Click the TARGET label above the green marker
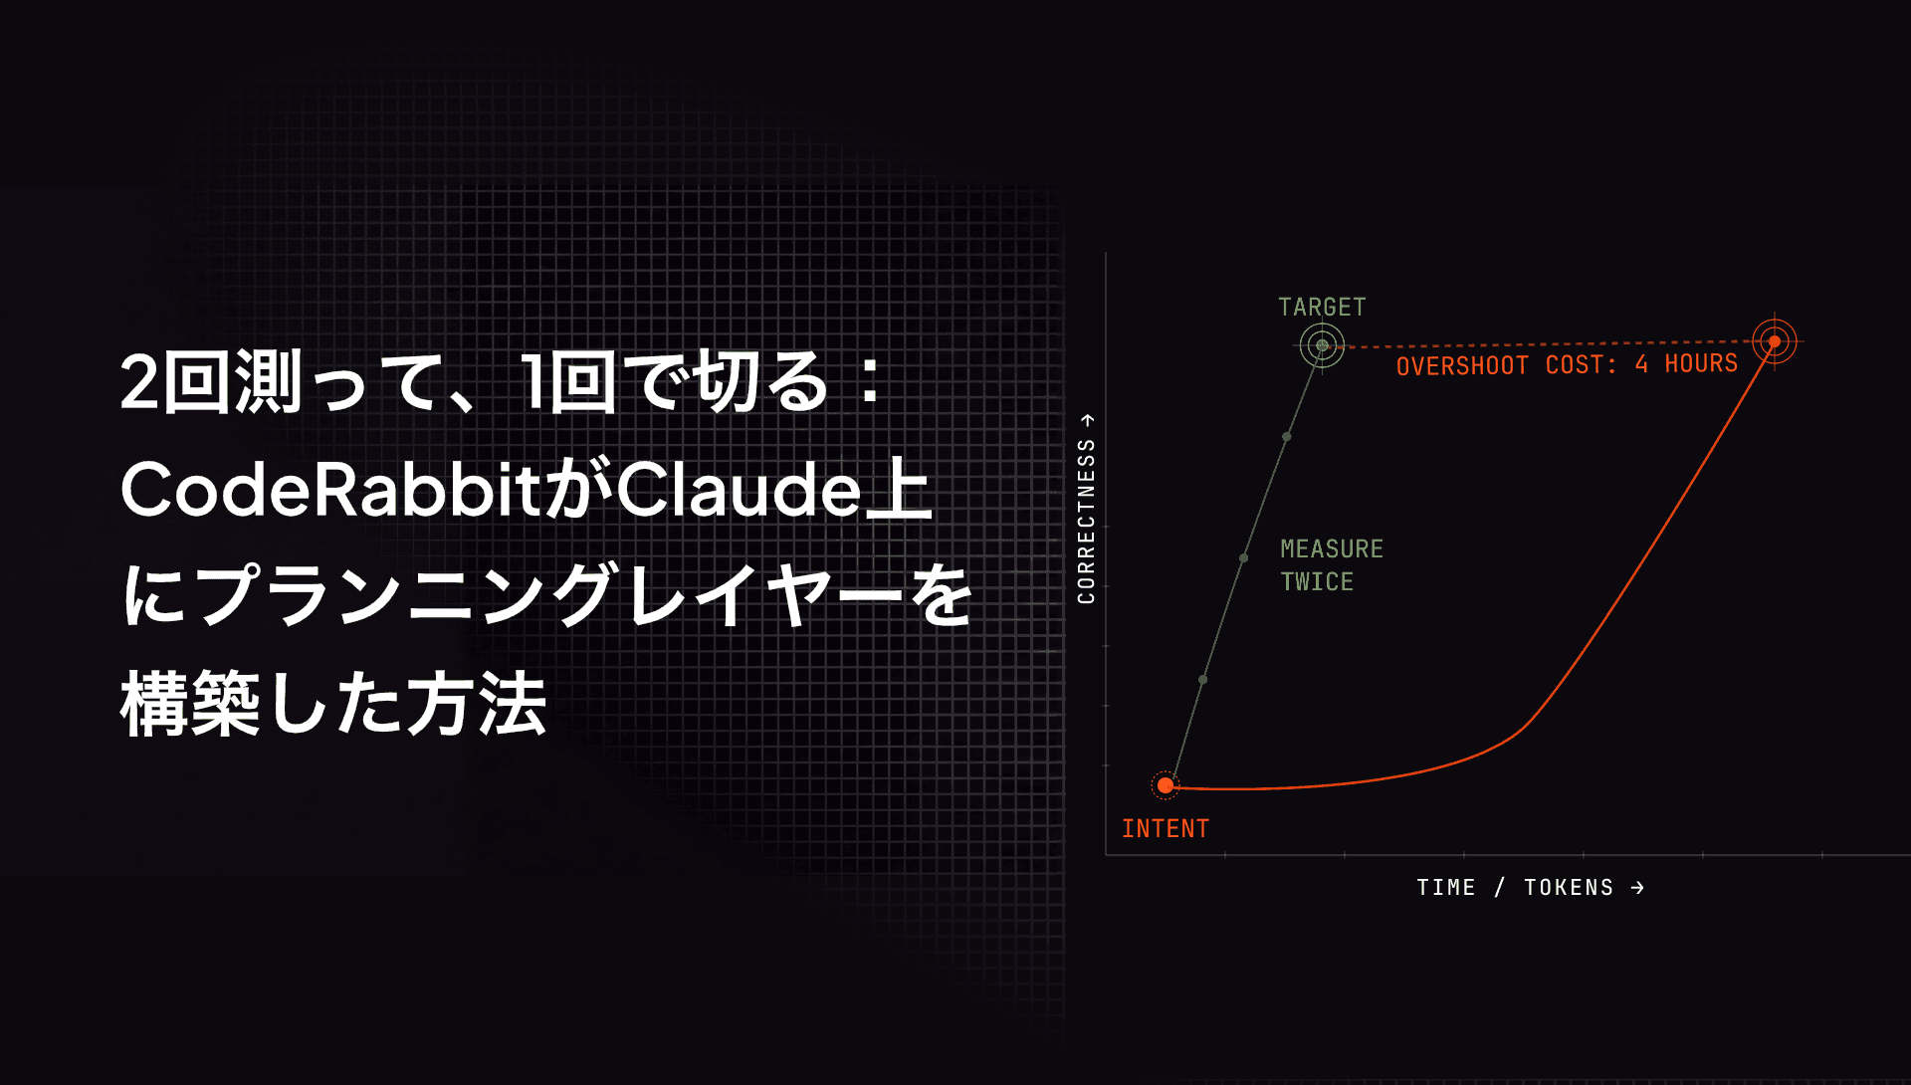tap(1322, 307)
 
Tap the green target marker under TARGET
tap(1322, 345)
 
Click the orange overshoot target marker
tap(1774, 341)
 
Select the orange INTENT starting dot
tap(1166, 785)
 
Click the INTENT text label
tap(1166, 828)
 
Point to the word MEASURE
tap(1332, 548)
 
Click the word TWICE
tap(1317, 581)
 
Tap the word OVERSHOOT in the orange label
tap(1462, 366)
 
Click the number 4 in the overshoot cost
tap(1641, 364)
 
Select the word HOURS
tap(1701, 363)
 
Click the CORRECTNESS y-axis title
tap(1086, 521)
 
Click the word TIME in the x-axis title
tap(1446, 887)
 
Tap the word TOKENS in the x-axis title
tap(1569, 887)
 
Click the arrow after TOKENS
tap(1637, 887)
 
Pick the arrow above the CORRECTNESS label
tap(1087, 420)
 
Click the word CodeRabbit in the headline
tap(330, 489)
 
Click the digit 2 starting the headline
tap(140, 382)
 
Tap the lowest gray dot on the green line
tap(1202, 680)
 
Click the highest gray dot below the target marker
tap(1287, 437)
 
